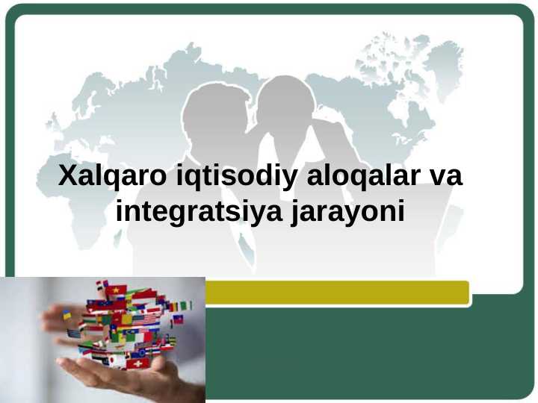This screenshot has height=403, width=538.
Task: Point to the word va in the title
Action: click(x=445, y=178)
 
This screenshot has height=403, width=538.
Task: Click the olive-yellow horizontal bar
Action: click(x=336, y=292)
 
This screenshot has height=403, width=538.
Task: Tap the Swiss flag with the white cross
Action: click(x=136, y=363)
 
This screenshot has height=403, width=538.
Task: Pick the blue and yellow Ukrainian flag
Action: click(x=67, y=316)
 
